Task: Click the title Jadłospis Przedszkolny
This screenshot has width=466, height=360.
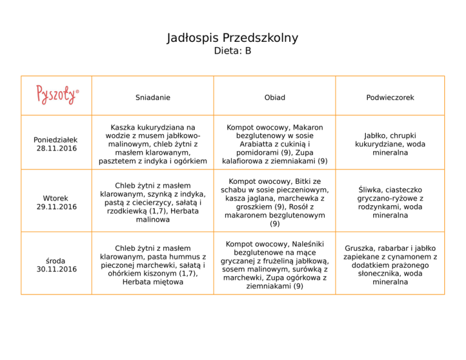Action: tap(232, 38)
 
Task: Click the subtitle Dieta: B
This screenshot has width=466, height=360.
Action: tap(232, 52)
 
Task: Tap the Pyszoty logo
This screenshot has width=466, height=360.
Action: tap(57, 95)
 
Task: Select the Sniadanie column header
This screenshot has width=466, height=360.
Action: tap(153, 97)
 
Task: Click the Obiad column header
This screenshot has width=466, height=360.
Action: tap(275, 97)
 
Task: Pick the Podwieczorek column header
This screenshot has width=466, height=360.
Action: tap(390, 97)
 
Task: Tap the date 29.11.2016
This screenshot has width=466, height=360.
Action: tap(56, 206)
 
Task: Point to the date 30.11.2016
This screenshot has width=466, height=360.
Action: tap(56, 269)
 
